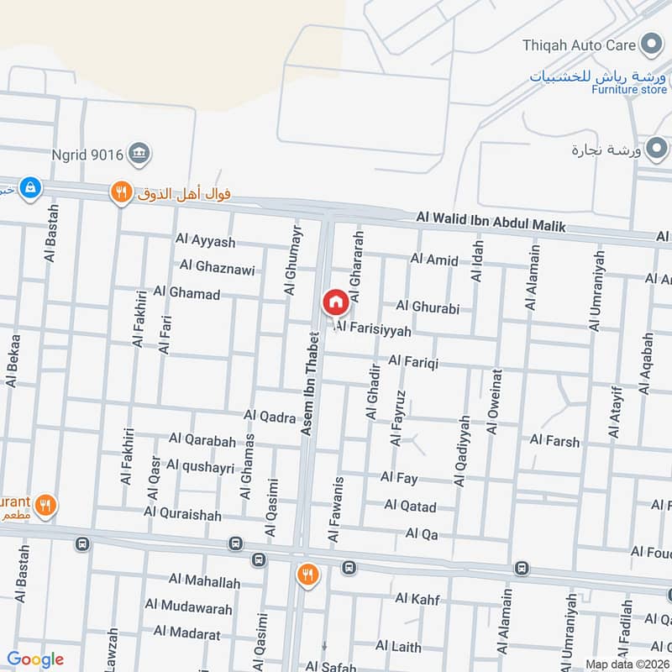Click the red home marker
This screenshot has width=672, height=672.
334,302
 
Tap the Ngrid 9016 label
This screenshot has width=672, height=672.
87,154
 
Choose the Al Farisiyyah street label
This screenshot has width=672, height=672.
373,331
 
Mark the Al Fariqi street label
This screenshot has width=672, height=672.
413,361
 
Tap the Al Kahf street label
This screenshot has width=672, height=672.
417,598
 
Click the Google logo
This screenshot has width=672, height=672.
34,659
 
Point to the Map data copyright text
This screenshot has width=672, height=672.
626,664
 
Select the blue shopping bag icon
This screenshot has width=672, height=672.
30,187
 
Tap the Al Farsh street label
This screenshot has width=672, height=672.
554,440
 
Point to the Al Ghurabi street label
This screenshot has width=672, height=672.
428,307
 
